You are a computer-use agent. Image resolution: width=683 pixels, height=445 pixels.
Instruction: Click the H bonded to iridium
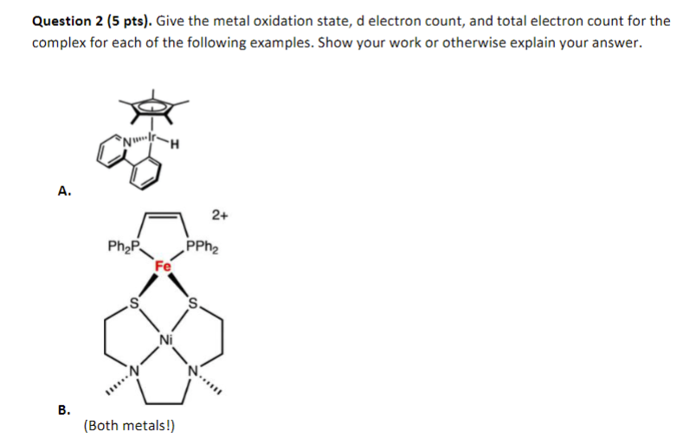point(176,145)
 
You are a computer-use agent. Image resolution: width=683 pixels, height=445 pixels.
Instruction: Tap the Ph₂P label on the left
point(122,248)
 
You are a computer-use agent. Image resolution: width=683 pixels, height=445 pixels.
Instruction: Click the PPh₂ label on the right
point(203,248)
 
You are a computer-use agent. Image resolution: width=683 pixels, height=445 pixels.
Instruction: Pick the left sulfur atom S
point(132,303)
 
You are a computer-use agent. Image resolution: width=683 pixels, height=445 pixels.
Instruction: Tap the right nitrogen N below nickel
point(194,373)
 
